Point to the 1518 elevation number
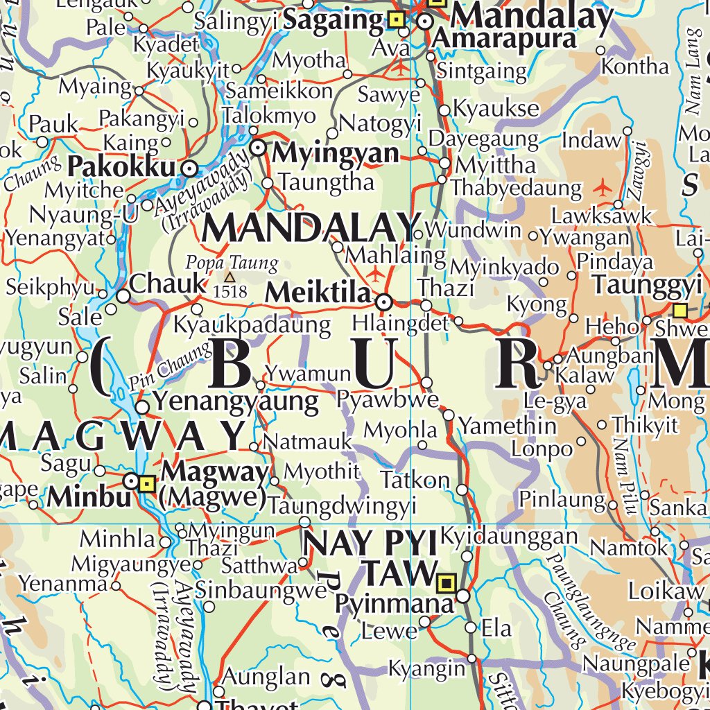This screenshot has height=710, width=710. pyautogui.click(x=230, y=291)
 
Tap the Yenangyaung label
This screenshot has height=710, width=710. pyautogui.click(x=236, y=401)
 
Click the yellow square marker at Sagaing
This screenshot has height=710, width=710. pyautogui.click(x=397, y=20)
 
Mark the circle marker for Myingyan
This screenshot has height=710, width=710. pyautogui.click(x=258, y=147)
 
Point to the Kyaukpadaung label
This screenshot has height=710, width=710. pyautogui.click(x=252, y=324)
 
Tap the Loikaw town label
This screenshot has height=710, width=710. pyautogui.click(x=665, y=591)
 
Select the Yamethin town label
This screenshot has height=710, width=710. pyautogui.click(x=508, y=424)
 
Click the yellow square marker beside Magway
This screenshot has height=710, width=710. pyautogui.click(x=146, y=483)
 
